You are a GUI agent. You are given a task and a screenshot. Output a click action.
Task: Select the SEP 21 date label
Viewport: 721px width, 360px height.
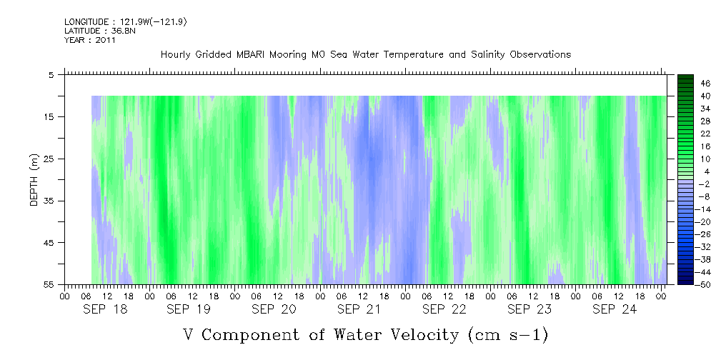pos(359,309)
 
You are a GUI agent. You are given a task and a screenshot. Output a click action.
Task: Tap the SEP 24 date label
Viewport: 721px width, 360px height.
pos(614,309)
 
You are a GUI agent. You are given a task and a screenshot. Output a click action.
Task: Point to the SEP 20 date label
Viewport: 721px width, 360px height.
pos(274,309)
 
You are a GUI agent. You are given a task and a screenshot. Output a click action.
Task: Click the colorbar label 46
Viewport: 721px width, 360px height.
pos(686,84)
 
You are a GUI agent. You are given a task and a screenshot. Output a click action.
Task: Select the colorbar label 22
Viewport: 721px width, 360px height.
pos(686,134)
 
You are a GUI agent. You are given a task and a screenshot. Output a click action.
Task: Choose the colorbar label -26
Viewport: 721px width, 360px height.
pos(687,235)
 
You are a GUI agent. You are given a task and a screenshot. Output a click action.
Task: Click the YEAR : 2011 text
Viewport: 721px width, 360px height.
pos(89,40)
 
